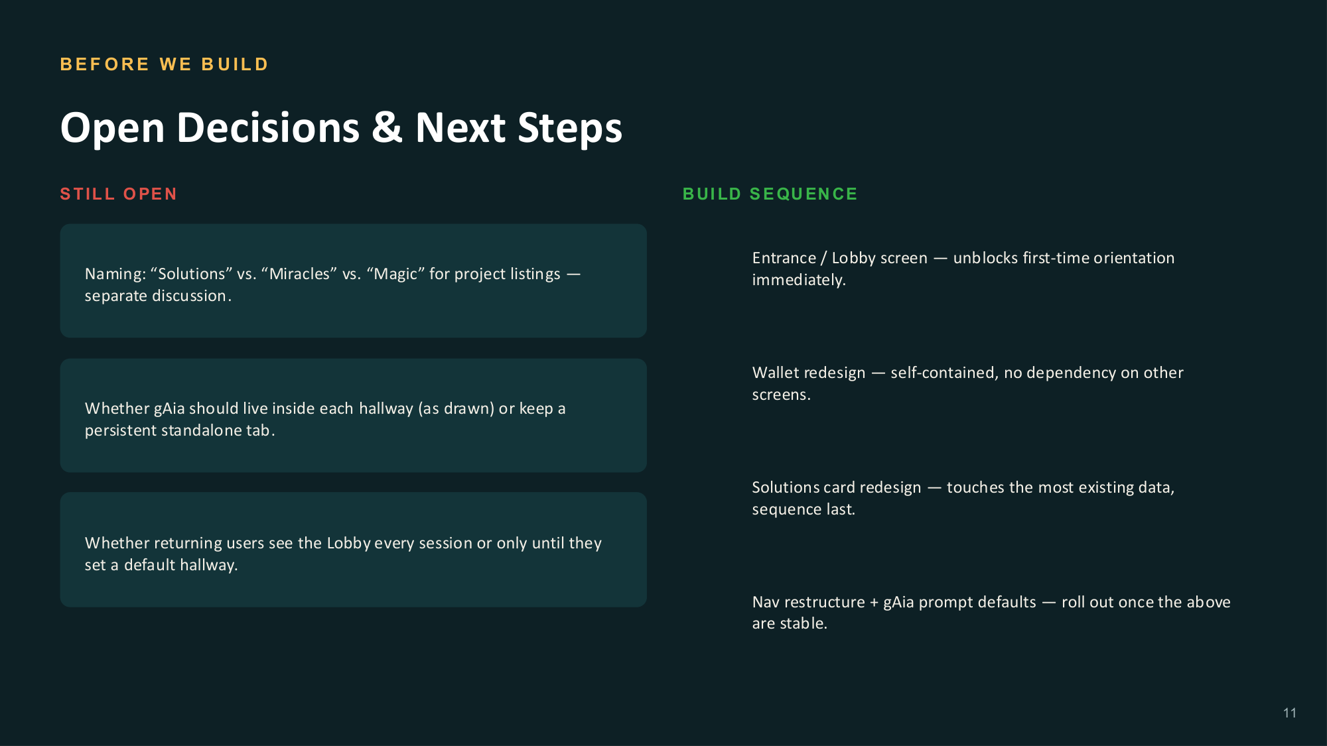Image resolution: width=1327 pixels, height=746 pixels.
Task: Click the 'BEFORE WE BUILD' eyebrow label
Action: tap(164, 64)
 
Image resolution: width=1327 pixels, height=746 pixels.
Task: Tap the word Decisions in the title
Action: tap(268, 127)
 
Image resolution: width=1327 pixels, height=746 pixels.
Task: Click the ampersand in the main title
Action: tap(387, 127)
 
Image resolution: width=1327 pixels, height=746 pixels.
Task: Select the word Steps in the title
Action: tap(570, 129)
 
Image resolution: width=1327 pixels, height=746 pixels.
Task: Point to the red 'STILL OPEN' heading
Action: tap(118, 194)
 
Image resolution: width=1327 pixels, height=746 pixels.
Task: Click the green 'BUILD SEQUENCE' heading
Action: tap(770, 194)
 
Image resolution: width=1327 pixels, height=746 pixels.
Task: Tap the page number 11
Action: tap(1289, 713)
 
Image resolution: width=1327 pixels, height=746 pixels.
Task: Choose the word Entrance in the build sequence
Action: tap(784, 258)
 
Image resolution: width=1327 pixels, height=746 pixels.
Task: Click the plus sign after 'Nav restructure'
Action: tap(874, 603)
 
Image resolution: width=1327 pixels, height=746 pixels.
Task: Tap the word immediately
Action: tap(799, 280)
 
